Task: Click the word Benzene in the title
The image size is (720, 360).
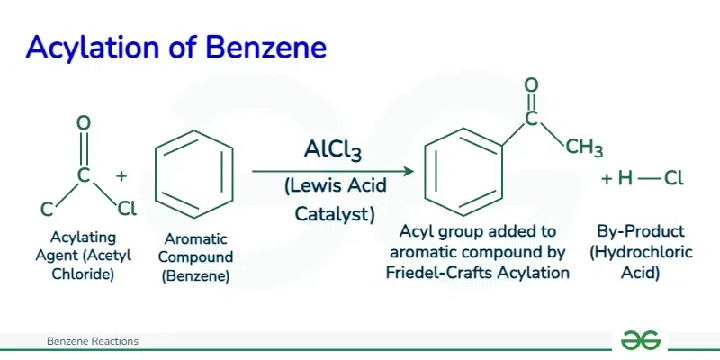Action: pos(265,47)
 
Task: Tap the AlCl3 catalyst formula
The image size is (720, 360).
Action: pos(332,150)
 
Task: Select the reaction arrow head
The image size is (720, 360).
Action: pos(409,172)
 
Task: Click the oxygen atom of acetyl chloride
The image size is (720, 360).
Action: pos(83,122)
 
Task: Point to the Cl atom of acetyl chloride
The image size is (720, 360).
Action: pos(127,210)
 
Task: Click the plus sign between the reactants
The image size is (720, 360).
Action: pos(121,175)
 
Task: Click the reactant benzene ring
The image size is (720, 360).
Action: pos(194,175)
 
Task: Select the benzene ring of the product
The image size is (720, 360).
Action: pos(463,172)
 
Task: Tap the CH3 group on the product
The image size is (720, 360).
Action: pos(583,148)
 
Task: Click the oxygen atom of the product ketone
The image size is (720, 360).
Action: pos(531,85)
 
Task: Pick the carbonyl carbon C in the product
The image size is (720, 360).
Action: pos(531,119)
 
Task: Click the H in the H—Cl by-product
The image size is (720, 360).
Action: pos(625,178)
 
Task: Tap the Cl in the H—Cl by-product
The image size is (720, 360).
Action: pos(673,178)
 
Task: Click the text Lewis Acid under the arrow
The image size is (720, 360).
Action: pos(335,186)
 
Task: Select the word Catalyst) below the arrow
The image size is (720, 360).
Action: pos(334,214)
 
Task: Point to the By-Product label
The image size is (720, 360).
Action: pos(641,231)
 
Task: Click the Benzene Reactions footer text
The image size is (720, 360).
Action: pos(93,341)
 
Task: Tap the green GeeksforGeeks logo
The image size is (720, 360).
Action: pos(641,341)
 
